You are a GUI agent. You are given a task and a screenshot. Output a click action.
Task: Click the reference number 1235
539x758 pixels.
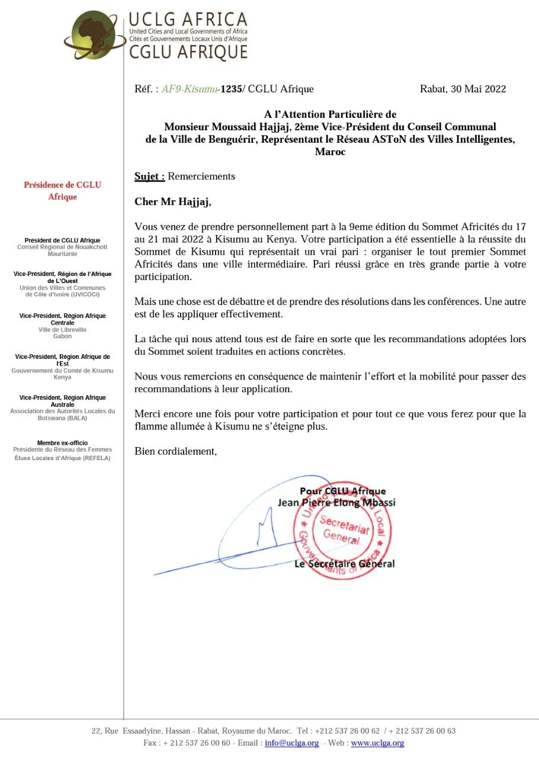point(230,89)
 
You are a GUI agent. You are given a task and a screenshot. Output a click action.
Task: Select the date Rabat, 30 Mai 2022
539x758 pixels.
point(463,89)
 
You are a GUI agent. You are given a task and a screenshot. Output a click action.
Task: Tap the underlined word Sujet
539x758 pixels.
point(149,176)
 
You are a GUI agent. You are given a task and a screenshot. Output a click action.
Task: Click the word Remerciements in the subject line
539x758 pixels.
point(201,176)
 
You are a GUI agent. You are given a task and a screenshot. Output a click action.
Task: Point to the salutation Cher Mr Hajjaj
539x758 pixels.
point(172,202)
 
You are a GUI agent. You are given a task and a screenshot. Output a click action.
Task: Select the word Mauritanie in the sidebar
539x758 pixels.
point(62,254)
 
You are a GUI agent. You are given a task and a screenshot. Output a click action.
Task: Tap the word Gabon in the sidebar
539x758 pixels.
point(62,336)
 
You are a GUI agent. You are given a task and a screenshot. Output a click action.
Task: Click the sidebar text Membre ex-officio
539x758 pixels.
point(62,443)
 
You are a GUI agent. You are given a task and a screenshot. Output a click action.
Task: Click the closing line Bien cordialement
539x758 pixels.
point(176,451)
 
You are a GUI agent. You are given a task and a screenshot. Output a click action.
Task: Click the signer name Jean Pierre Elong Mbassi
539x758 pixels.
point(336,503)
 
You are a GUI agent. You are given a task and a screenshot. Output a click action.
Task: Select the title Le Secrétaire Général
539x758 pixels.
point(344,564)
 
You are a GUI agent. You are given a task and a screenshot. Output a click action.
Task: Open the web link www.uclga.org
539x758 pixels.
point(377,743)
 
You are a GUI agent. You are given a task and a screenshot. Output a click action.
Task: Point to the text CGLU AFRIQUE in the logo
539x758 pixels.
point(188,52)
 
